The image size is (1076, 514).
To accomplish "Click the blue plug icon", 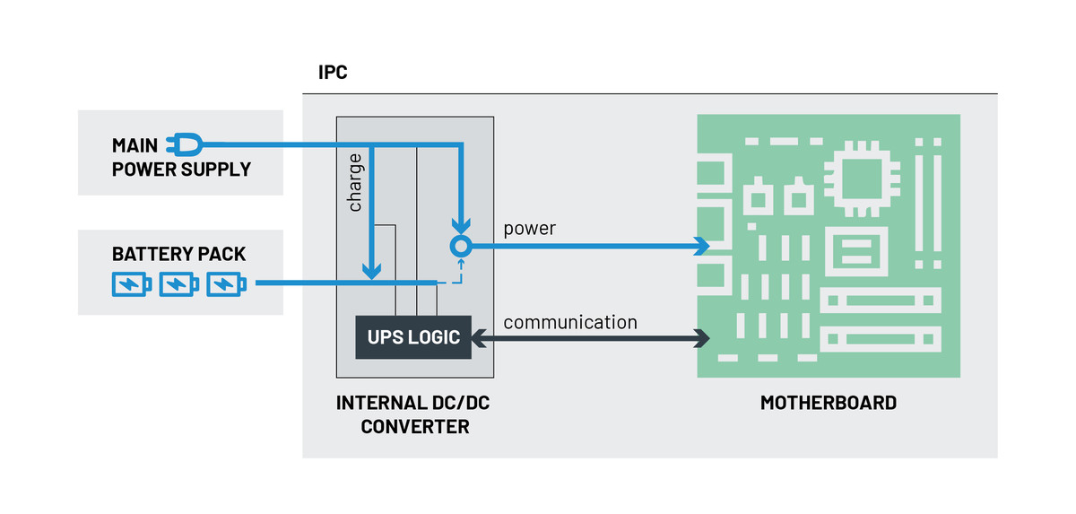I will pos(185,144).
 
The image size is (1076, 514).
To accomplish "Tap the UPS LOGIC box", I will pos(413,337).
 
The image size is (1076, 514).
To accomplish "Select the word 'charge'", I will pos(355,183).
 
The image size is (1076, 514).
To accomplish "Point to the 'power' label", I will pos(529,229).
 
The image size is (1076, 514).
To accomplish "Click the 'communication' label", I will pos(570,322).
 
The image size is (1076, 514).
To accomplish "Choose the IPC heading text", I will pos(333,73).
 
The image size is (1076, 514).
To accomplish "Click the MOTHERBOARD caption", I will pos(828,403).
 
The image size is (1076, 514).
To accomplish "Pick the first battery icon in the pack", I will pos(132,284).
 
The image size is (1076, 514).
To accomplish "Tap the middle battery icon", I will pos(179,284).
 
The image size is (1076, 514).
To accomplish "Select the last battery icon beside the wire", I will pos(227,284).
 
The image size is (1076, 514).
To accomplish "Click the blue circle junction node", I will pos(460,246).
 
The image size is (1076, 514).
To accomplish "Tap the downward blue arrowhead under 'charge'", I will pos(371,269).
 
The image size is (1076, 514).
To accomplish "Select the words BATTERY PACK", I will pos(178,254).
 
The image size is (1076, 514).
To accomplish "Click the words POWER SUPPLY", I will pos(181,170).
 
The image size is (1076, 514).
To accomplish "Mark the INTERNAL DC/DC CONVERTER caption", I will pos(414,414).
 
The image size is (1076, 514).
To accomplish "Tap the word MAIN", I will pos(134,145).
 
